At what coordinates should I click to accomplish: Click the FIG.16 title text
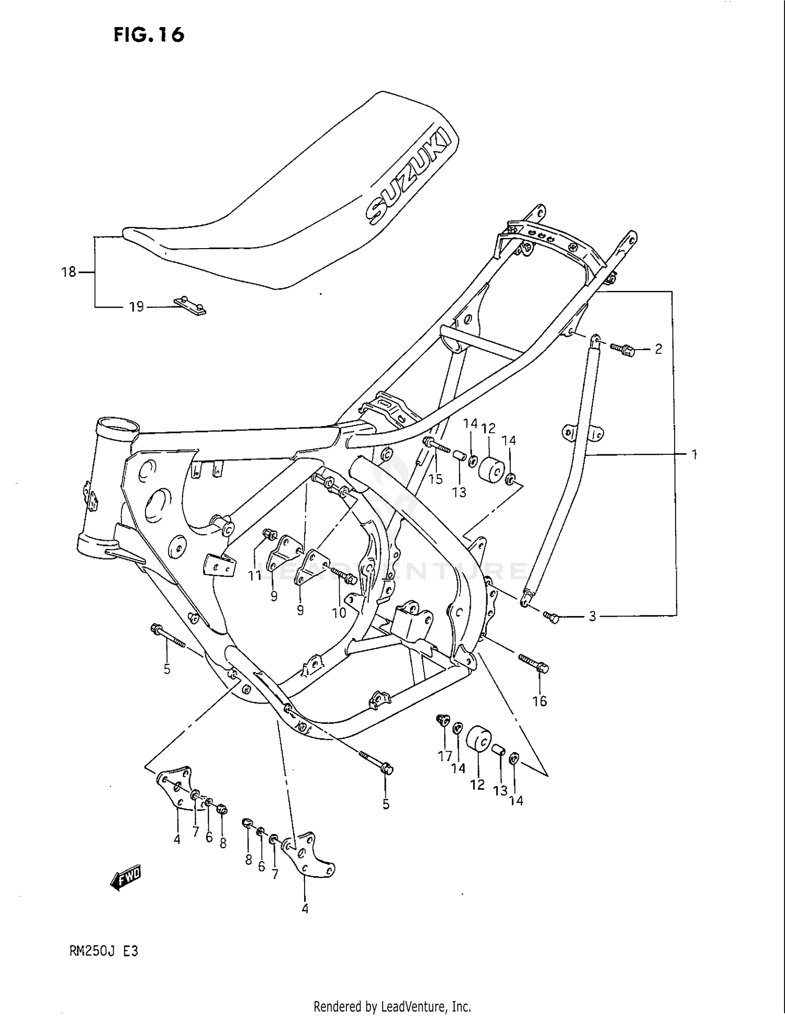pyautogui.click(x=149, y=35)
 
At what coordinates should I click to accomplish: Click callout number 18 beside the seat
pyautogui.click(x=69, y=272)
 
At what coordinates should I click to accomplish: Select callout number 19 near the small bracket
pyautogui.click(x=136, y=307)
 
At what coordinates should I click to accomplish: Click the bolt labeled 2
pyautogui.click(x=623, y=349)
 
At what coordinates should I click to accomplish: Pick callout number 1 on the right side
pyautogui.click(x=694, y=455)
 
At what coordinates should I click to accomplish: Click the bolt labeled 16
pyautogui.click(x=534, y=664)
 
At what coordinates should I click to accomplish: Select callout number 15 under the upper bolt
pyautogui.click(x=435, y=478)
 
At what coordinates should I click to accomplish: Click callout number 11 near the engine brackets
pyautogui.click(x=255, y=575)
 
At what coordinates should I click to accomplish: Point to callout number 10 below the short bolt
pyautogui.click(x=339, y=612)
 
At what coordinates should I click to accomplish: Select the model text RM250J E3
pyautogui.click(x=104, y=951)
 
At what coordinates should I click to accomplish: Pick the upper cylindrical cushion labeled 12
pyautogui.click(x=490, y=469)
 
